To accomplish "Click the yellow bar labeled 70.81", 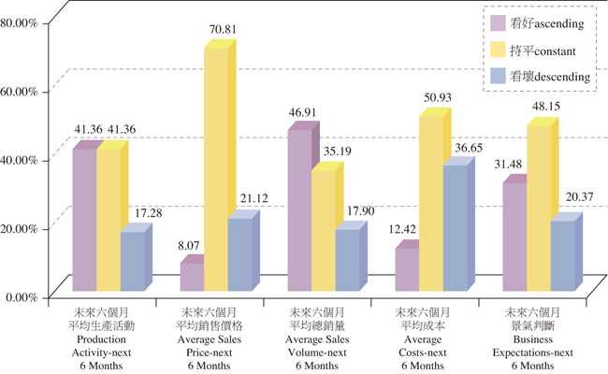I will tap(215, 168).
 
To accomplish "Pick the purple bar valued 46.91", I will tap(299, 209).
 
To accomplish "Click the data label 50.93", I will tap(438, 97).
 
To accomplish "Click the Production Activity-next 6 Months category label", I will tap(108, 339).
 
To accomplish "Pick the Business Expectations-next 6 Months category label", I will tap(532, 339).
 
